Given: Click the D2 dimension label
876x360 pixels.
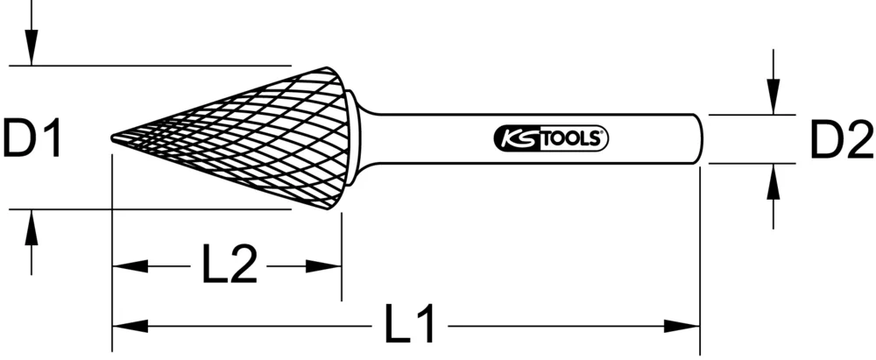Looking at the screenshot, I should (840, 139).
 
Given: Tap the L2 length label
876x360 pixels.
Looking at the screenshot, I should (229, 265).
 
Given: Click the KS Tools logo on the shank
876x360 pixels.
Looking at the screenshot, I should (547, 138).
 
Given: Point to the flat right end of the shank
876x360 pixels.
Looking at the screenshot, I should (700, 138).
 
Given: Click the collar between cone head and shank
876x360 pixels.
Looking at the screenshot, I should (353, 138).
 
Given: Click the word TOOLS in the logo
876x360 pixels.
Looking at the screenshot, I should (570, 138).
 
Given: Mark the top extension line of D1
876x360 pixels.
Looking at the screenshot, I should (149, 65).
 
